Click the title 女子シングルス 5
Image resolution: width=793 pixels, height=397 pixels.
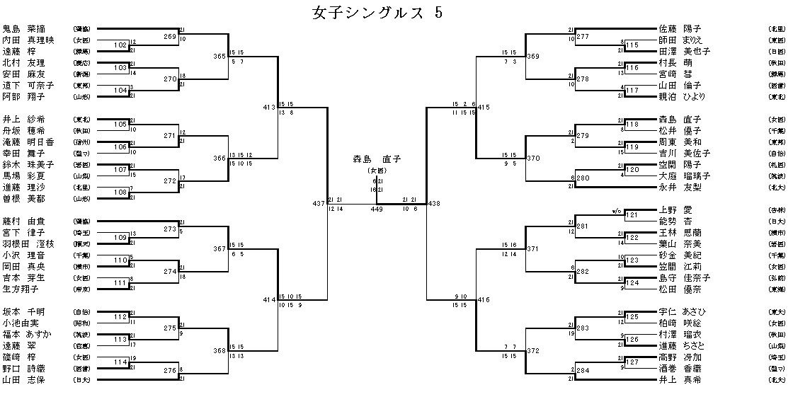point(378,13)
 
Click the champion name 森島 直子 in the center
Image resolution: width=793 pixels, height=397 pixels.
point(378,159)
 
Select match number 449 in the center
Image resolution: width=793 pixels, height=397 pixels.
point(377,209)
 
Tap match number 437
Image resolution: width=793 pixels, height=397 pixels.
point(318,204)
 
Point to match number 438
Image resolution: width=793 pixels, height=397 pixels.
point(434,204)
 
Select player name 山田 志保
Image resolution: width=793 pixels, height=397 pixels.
point(24,379)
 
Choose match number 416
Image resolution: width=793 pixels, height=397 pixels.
point(484,300)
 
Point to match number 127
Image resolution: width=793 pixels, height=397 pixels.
point(632,362)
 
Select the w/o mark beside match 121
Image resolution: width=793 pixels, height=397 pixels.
point(617,210)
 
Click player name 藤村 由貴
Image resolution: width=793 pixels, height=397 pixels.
point(24,221)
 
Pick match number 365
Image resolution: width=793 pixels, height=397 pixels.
point(220,56)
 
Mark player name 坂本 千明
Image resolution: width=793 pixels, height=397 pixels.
point(24,311)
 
